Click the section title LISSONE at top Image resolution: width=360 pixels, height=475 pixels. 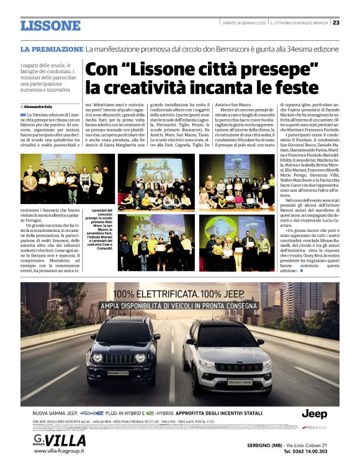click(x=50, y=25)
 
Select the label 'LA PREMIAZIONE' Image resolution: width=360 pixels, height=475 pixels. click(x=52, y=48)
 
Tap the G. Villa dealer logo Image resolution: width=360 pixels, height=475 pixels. click(x=59, y=440)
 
